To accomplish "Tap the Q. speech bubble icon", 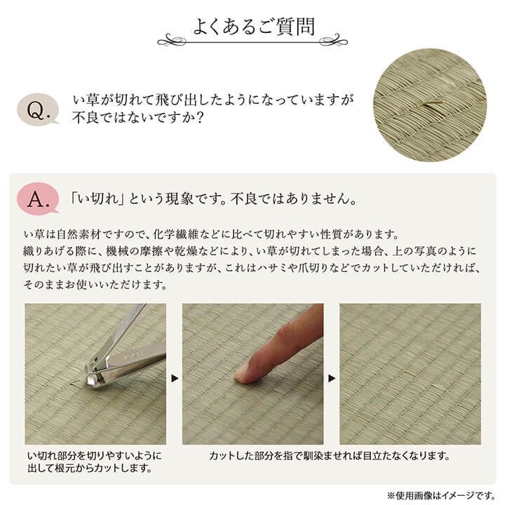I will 37,110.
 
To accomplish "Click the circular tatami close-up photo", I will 430,105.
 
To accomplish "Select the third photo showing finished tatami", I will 410,373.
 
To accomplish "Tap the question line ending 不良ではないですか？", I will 137,117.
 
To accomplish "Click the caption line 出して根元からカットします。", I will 90,468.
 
